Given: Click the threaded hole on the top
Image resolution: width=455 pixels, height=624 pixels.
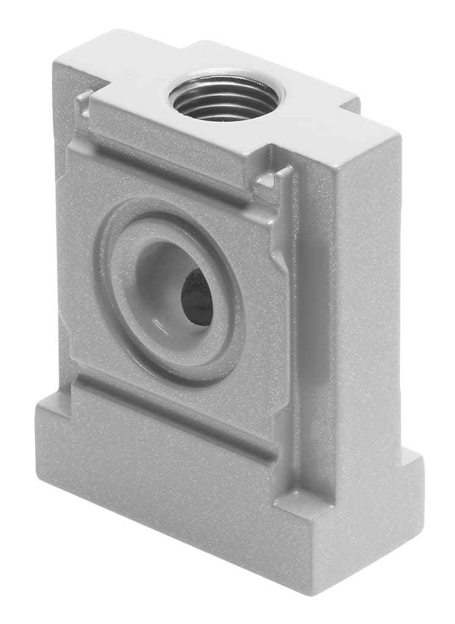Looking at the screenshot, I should tap(224, 97).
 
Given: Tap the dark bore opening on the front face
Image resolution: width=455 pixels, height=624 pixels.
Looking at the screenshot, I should tap(197, 297).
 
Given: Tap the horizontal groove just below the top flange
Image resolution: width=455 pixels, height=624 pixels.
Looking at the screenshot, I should tap(171, 160).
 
